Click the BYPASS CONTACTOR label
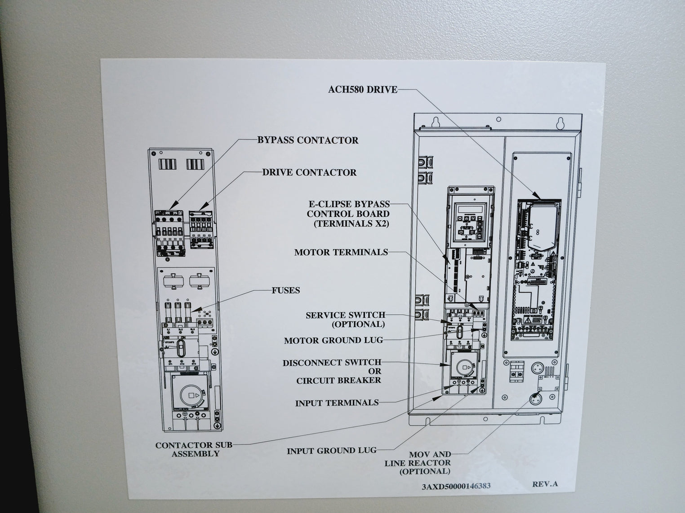pyautogui.click(x=307, y=140)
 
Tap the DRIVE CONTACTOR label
pyautogui.click(x=309, y=172)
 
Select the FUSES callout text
pyautogui.click(x=285, y=290)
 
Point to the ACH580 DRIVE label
pyautogui.click(x=362, y=90)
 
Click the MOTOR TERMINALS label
pyautogui.click(x=341, y=252)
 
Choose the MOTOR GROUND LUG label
pyautogui.click(x=333, y=341)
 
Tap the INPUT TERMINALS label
pyautogui.click(x=337, y=403)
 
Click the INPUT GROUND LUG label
pyautogui.click(x=332, y=451)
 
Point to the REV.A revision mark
pyautogui.click(x=545, y=484)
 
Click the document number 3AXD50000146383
pyautogui.click(x=456, y=486)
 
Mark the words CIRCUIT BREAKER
pyautogui.click(x=338, y=381)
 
